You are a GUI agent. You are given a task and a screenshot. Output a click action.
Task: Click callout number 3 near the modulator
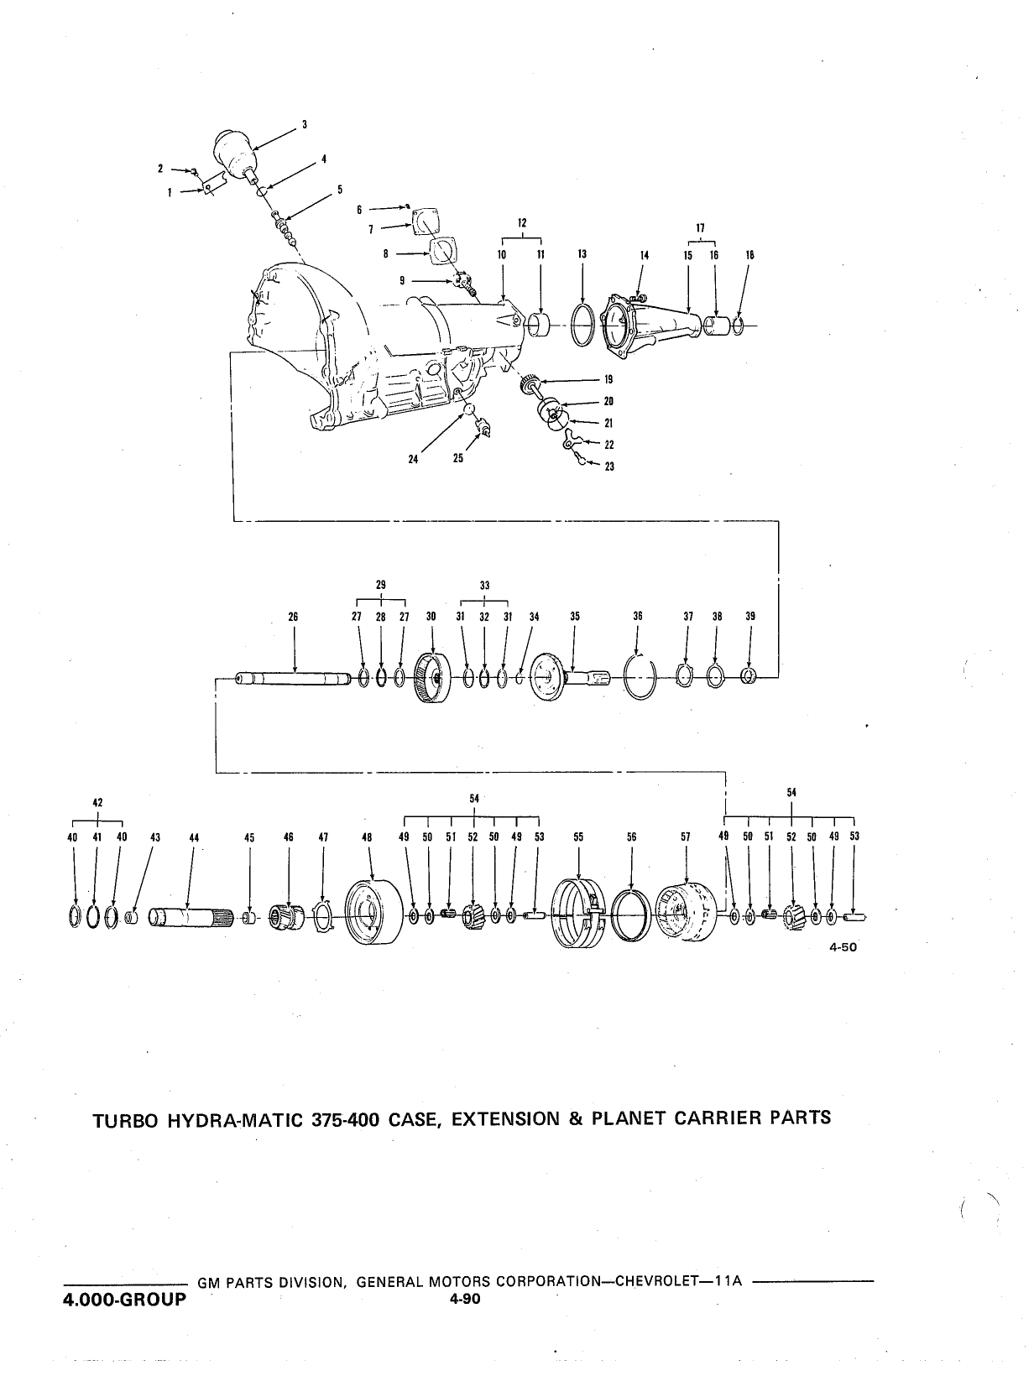point(305,124)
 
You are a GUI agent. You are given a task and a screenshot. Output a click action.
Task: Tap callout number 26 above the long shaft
point(293,618)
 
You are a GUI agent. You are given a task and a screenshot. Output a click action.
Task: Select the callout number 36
point(638,617)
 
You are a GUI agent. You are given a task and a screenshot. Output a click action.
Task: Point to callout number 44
point(194,837)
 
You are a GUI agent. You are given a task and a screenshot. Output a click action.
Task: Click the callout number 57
point(686,836)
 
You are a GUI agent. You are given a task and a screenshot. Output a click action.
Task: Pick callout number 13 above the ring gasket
point(582,254)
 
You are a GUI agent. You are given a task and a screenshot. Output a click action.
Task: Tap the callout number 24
point(413,459)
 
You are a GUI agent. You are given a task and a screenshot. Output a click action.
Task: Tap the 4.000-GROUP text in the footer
point(124,1300)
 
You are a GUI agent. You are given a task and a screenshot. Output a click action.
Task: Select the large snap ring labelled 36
point(640,676)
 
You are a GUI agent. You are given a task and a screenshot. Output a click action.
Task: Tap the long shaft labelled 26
point(293,680)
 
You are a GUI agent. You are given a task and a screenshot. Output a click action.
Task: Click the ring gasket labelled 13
point(582,325)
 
